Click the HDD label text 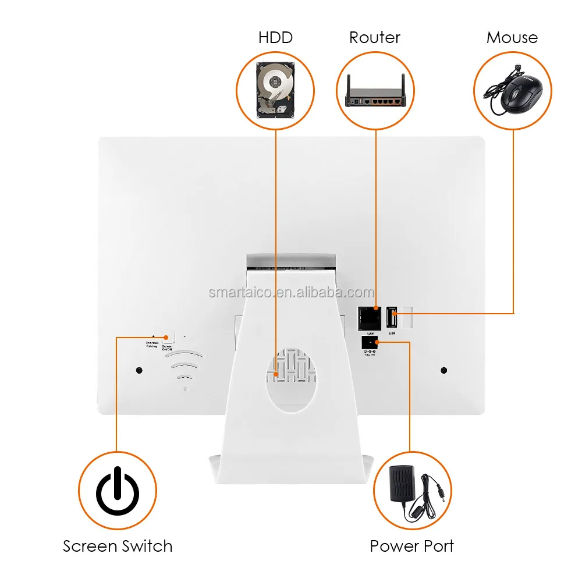click(275, 38)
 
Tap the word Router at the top click(375, 38)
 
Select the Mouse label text click(512, 38)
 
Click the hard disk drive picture click(275, 88)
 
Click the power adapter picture click(413, 489)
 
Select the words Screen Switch click(118, 546)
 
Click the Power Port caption click(412, 546)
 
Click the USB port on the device click(392, 320)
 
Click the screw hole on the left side click(139, 370)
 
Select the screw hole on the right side click(444, 370)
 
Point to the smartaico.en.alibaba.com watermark click(291, 292)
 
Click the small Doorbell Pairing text click(151, 344)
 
